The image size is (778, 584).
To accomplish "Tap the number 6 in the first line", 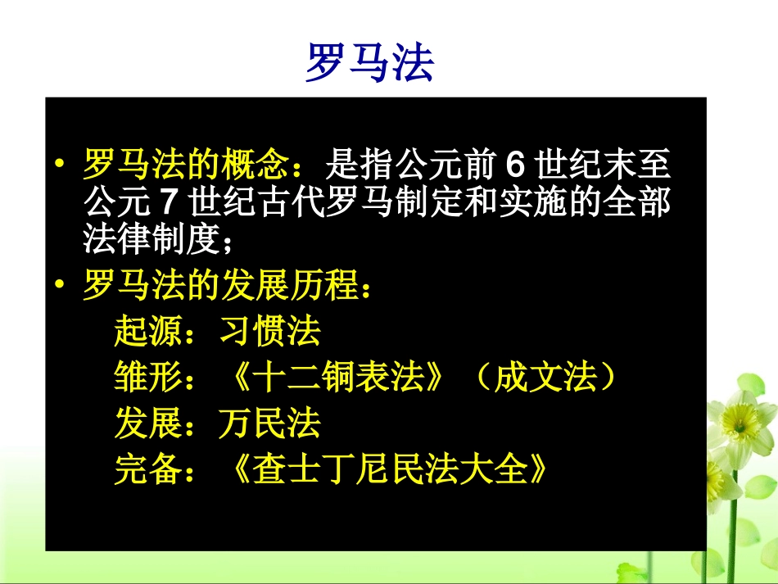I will click(513, 165).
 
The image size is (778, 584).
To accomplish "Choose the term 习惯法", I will click(270, 331).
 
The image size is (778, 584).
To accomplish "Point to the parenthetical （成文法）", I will click(545, 378).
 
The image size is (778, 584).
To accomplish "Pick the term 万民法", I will click(270, 423).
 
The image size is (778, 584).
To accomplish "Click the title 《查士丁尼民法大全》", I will click(382, 470).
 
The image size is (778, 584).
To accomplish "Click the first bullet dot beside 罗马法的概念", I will click(60, 165).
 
